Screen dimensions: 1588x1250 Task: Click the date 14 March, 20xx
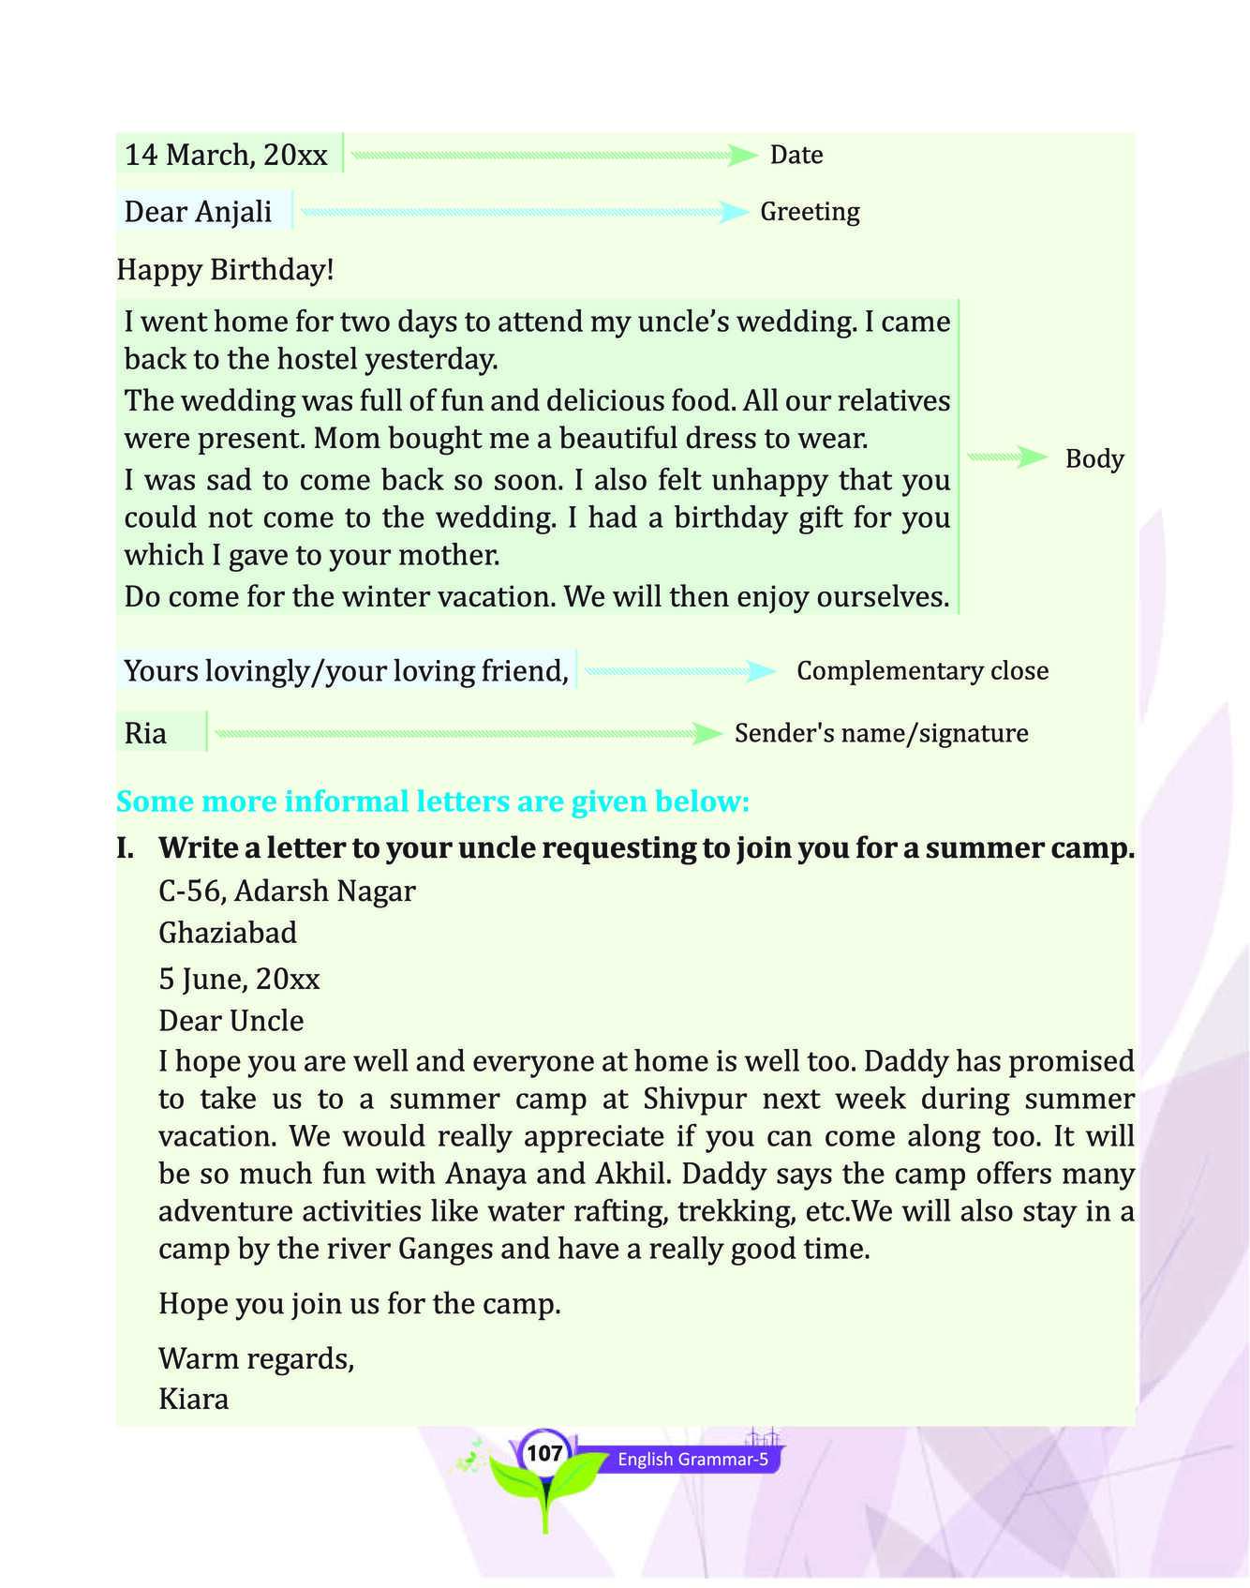point(226,155)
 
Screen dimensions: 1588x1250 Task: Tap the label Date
point(796,155)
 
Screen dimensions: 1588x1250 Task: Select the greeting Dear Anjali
point(198,212)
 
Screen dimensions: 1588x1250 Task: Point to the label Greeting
point(810,212)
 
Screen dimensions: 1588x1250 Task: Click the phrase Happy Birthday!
point(225,270)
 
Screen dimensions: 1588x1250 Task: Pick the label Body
point(1094,459)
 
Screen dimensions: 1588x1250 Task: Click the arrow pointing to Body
point(1007,457)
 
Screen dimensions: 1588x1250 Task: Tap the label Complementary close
point(922,671)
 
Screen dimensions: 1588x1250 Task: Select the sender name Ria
point(145,733)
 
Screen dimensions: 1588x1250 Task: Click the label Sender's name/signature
point(881,733)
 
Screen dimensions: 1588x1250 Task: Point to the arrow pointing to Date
point(554,156)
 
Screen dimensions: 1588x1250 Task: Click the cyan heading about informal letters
point(433,801)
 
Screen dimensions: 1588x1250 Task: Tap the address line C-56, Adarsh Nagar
point(287,891)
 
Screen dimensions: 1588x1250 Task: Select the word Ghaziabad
point(228,933)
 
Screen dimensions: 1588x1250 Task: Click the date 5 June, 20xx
point(239,980)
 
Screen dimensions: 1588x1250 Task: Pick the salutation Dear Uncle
point(231,1021)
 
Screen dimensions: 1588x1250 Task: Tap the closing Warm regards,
point(256,1358)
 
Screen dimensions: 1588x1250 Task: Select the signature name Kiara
point(194,1400)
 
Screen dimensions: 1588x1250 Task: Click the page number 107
point(543,1454)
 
